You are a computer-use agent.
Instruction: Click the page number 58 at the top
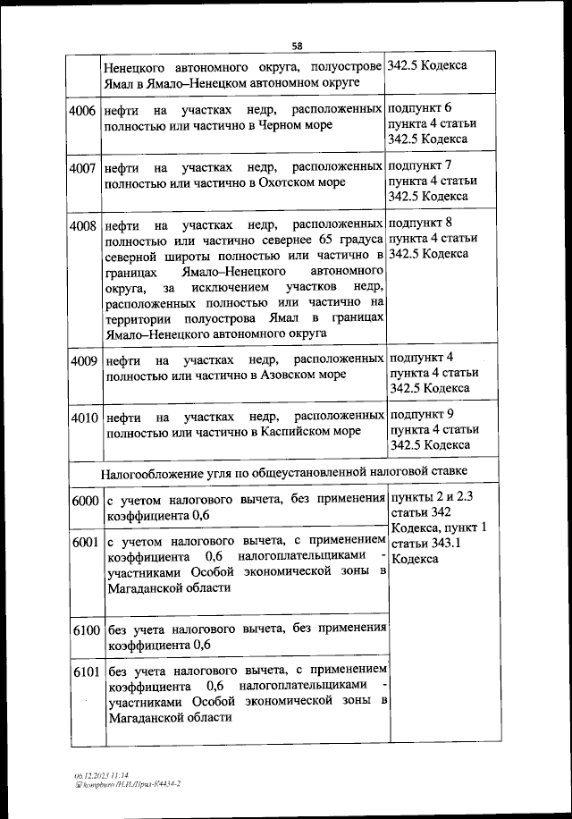coord(298,46)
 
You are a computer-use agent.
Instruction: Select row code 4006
coord(82,109)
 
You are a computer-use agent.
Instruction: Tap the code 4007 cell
coord(82,166)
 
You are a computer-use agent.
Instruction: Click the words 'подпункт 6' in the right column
coord(421,107)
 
